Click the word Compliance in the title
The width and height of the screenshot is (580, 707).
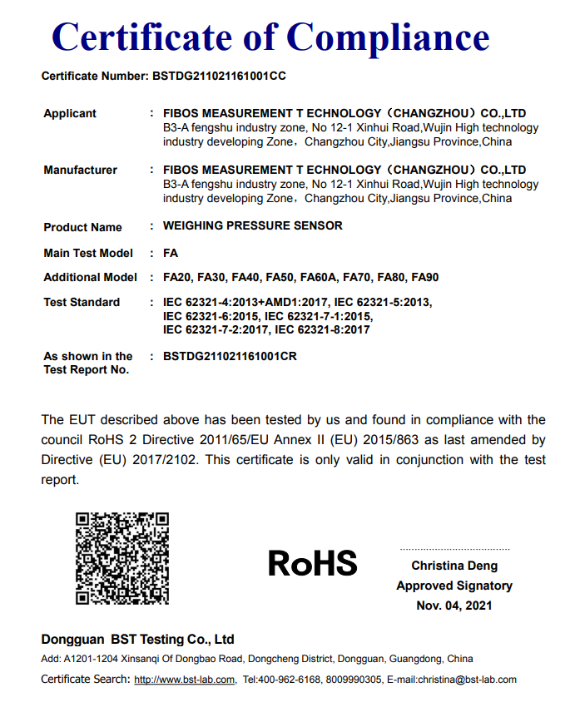tap(388, 37)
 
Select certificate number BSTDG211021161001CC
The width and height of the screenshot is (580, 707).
tap(220, 76)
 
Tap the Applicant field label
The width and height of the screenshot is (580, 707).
tap(70, 113)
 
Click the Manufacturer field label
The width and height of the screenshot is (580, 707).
tap(80, 170)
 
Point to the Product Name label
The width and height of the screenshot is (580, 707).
tap(82, 227)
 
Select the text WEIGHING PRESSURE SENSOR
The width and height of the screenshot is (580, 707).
tap(252, 225)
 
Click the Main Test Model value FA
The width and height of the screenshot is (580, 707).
tap(171, 253)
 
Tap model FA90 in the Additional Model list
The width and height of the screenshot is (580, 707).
tap(424, 278)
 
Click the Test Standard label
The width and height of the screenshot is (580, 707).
tap(82, 302)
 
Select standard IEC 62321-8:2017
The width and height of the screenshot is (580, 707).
tap(322, 329)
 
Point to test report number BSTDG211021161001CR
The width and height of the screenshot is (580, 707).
tap(230, 356)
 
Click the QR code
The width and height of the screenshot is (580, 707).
tap(122, 558)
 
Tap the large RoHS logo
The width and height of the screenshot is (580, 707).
tap(312, 564)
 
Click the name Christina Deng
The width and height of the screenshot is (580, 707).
tap(454, 566)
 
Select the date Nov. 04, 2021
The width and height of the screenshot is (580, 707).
tap(454, 606)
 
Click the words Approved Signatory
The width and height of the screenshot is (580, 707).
tap(454, 586)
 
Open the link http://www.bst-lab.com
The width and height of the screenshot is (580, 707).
tap(185, 680)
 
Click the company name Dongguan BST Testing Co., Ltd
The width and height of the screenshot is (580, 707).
tap(137, 640)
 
